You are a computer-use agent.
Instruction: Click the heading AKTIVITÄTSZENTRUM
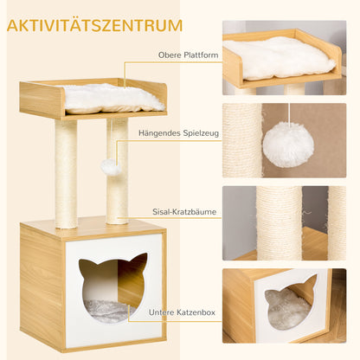(x=96, y=25)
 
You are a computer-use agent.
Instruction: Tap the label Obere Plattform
(x=189, y=55)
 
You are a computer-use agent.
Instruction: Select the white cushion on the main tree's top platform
(x=112, y=98)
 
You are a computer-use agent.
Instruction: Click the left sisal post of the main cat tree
(x=67, y=173)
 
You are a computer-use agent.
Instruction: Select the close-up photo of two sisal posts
(x=284, y=223)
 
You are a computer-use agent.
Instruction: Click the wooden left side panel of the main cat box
(x=42, y=286)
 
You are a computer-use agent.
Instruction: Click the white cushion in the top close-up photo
(x=278, y=56)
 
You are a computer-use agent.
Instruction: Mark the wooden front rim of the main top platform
(x=42, y=101)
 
